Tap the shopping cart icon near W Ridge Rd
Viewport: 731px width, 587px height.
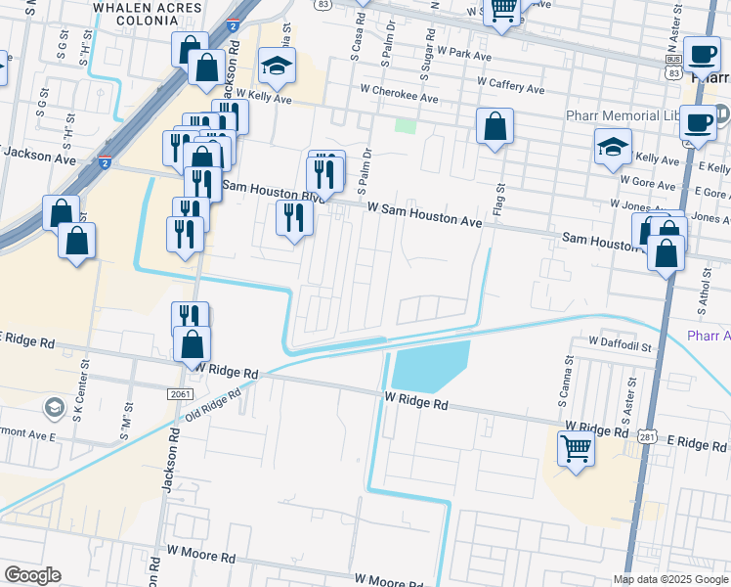pos(576,450)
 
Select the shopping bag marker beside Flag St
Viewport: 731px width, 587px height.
pos(495,127)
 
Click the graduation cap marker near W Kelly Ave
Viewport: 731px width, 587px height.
pos(278,67)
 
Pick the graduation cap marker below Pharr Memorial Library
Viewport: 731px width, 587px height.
pos(613,149)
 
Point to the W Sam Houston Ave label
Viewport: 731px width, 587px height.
pos(425,215)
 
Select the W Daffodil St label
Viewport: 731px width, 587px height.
pos(620,345)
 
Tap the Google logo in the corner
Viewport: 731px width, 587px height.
pos(32,575)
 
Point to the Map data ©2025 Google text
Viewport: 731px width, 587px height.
pos(669,579)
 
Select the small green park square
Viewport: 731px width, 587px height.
pos(405,126)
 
